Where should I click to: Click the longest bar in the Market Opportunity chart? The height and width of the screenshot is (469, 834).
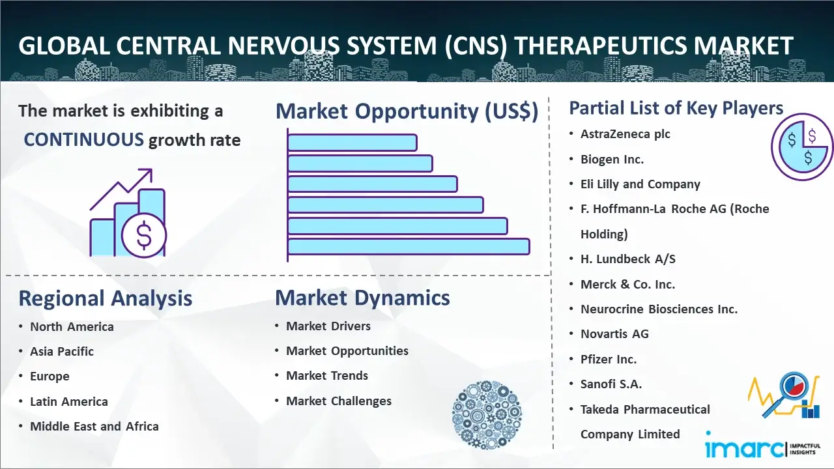tap(409, 246)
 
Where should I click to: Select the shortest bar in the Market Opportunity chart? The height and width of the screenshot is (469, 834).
tap(352, 142)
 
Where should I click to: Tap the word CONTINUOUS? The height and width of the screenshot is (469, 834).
tap(83, 139)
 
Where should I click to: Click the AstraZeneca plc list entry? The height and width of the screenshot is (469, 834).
tap(625, 134)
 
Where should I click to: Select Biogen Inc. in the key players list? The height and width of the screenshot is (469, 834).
tap(612, 159)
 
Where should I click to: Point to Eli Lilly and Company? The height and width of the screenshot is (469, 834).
tap(640, 184)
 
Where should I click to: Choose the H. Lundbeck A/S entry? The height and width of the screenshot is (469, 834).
tap(627, 259)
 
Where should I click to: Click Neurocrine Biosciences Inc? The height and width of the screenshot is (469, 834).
tap(659, 309)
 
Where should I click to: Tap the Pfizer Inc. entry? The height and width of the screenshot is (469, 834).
tap(609, 359)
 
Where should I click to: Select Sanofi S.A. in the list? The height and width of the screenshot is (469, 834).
tap(611, 384)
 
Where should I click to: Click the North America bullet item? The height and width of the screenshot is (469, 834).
tap(72, 327)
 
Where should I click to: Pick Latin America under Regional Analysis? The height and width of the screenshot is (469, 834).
tap(69, 402)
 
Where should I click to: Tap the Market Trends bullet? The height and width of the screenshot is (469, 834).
tap(327, 376)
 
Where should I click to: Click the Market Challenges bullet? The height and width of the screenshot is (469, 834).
tap(339, 401)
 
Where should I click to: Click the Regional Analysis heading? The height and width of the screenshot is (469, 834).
tap(105, 298)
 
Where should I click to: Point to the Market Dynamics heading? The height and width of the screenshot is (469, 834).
tap(362, 298)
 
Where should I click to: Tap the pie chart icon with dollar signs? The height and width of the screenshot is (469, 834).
tap(801, 147)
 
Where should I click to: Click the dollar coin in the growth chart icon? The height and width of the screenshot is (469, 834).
tap(144, 235)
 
